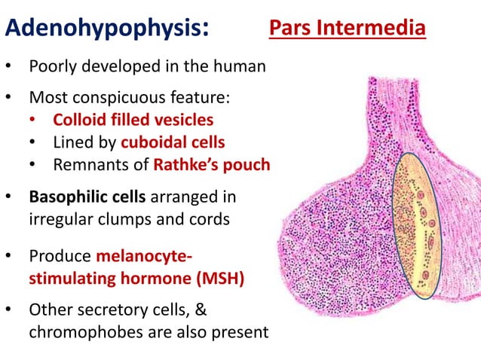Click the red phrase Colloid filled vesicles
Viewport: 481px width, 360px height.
click(x=133, y=120)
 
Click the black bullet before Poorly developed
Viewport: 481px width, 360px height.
click(x=9, y=67)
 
